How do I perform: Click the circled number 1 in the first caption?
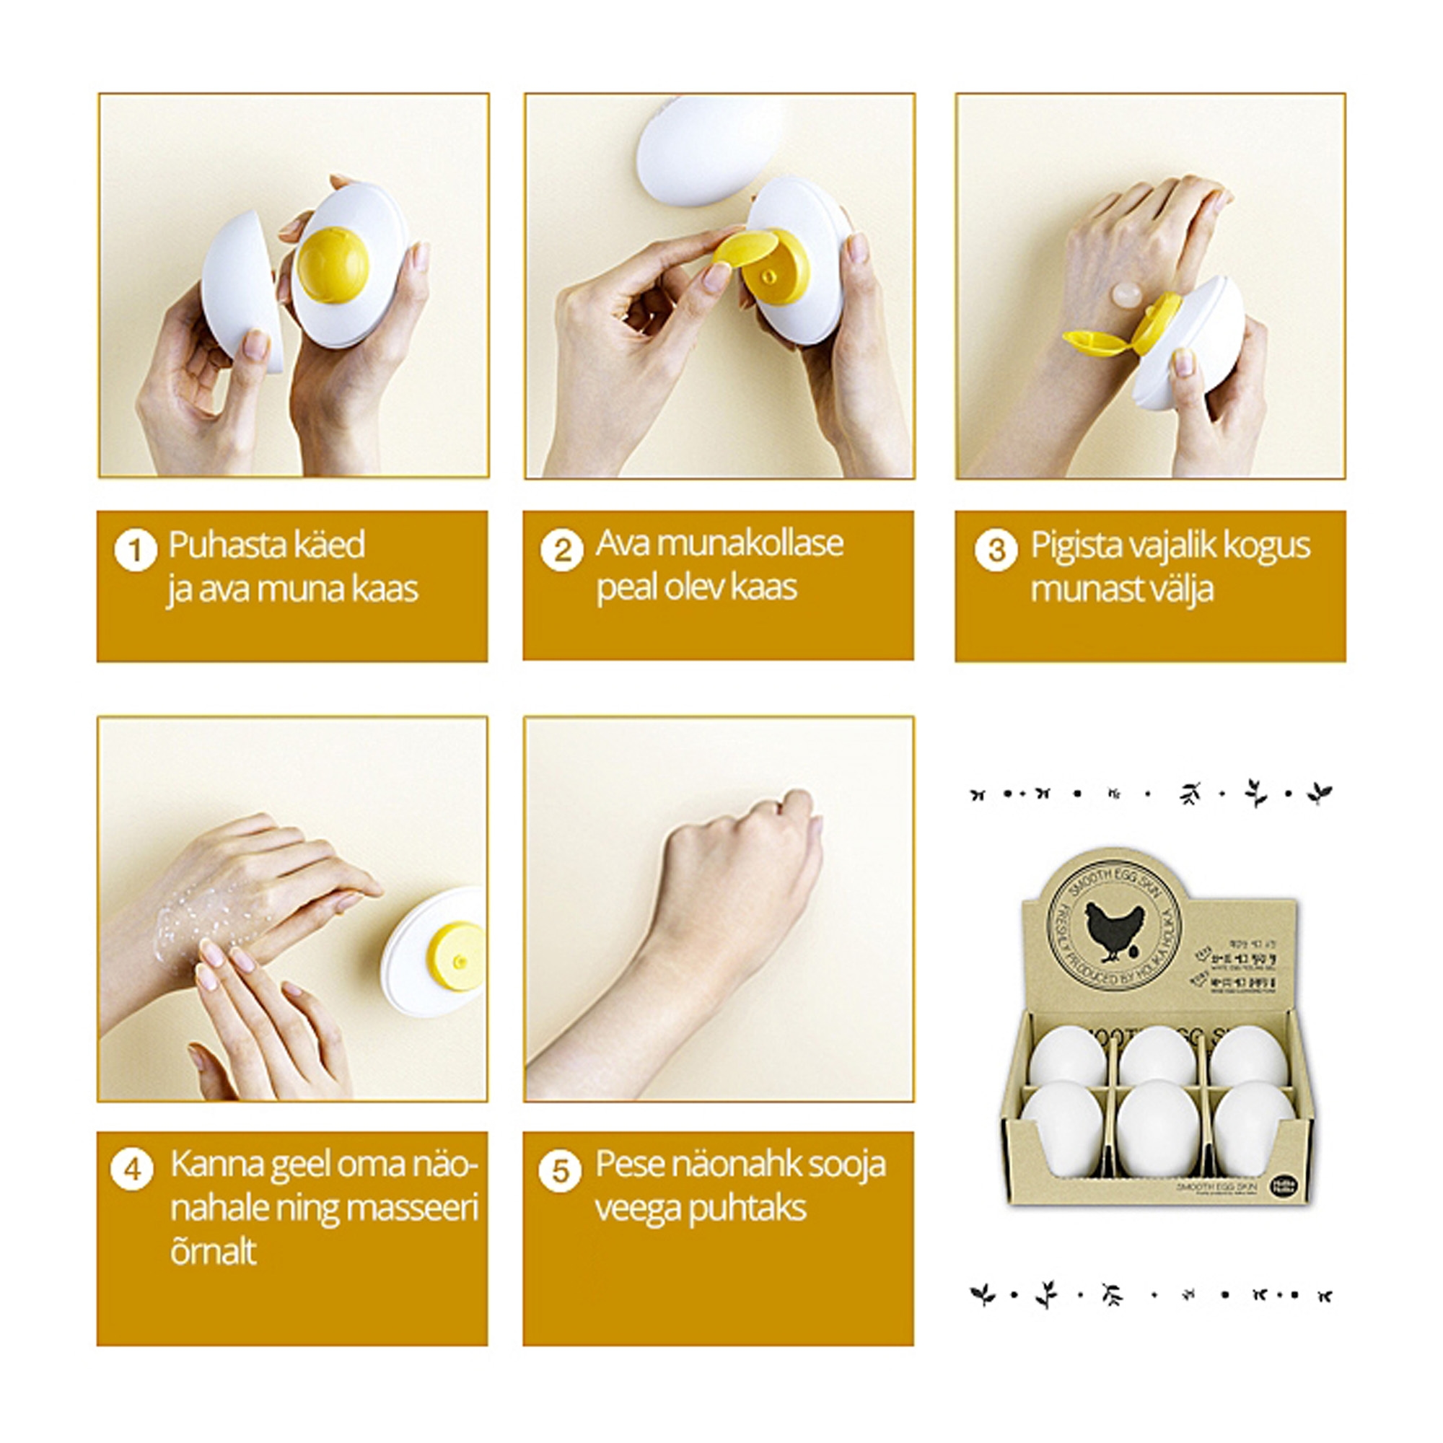(135, 551)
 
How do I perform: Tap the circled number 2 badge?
(561, 551)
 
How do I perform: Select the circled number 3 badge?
(996, 551)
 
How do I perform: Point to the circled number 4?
(133, 1169)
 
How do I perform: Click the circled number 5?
(560, 1171)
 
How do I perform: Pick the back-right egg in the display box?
(1248, 1055)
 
